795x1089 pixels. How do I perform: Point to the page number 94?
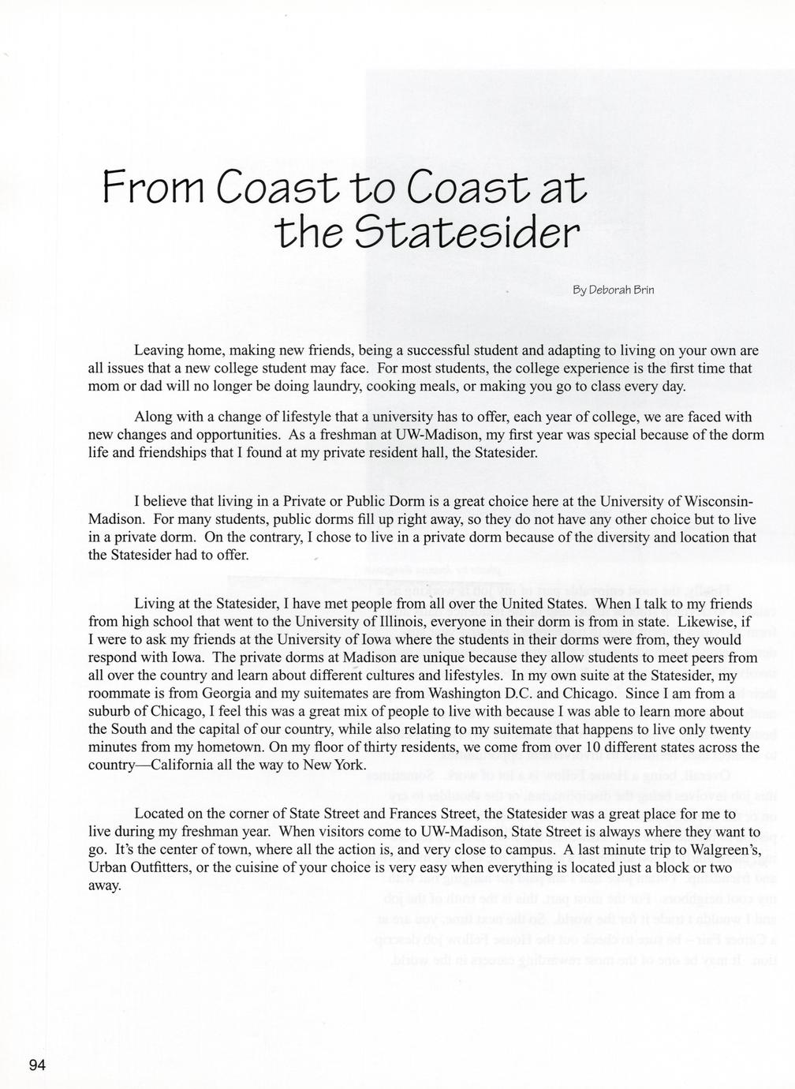38,1065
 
